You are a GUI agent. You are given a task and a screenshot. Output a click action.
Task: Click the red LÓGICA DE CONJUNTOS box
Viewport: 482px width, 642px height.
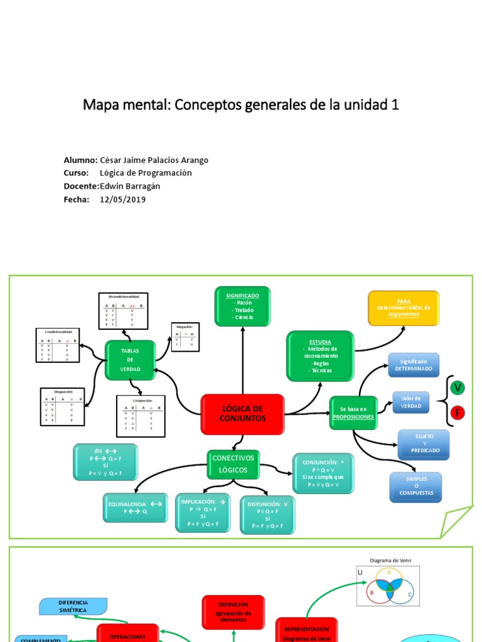tap(242, 414)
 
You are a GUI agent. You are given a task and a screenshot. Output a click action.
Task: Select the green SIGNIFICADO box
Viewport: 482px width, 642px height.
tap(242, 306)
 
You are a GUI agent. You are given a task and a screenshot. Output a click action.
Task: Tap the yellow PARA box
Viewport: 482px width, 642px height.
tap(404, 308)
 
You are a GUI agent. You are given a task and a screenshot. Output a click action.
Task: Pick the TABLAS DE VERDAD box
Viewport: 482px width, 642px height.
tap(130, 360)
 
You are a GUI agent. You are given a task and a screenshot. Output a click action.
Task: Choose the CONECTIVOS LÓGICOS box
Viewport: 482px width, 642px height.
tap(233, 464)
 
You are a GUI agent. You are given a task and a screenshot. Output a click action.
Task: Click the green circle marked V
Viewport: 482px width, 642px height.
tap(458, 388)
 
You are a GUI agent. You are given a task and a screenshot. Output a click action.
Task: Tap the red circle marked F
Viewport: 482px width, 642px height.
tap(458, 414)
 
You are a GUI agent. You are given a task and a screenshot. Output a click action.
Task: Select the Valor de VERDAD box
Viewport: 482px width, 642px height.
tap(411, 403)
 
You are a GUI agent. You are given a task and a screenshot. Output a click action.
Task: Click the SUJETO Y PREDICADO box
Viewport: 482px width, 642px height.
tap(424, 445)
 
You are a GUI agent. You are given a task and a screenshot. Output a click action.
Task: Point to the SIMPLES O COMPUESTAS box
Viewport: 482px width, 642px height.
tap(415, 487)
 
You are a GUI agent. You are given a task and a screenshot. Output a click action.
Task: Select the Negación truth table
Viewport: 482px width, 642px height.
tap(185, 337)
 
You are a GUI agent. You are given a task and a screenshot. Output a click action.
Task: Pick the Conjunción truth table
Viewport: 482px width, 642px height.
tap(141, 416)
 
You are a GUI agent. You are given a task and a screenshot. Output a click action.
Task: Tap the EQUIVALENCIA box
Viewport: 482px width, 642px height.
tap(136, 507)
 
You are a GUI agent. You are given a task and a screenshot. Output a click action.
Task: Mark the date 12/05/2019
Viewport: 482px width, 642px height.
tap(122, 199)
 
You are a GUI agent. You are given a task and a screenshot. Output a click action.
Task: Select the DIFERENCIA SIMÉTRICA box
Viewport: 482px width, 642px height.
tap(73, 606)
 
